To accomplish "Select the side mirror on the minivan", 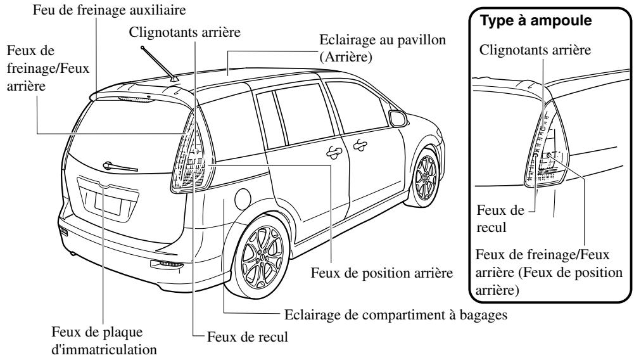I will coord(399,119).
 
